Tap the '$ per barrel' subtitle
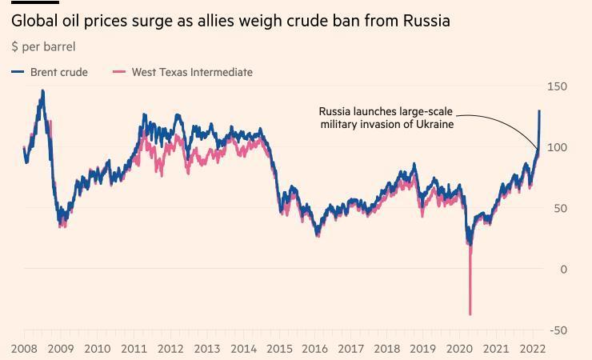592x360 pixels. point(43,46)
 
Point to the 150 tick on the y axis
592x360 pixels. point(558,86)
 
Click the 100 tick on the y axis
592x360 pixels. point(558,147)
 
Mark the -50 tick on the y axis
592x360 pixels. point(558,330)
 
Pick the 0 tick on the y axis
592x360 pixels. point(563,270)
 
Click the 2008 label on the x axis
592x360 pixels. point(24,349)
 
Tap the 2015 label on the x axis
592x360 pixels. point(279,349)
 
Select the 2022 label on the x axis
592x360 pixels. point(533,349)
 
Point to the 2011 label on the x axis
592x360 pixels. point(134,349)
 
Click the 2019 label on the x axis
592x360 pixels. point(424,349)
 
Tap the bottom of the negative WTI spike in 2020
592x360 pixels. point(470,314)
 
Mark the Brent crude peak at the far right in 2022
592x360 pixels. point(539,111)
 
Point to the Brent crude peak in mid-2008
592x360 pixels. point(42,91)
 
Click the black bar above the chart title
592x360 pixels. point(34,2)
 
